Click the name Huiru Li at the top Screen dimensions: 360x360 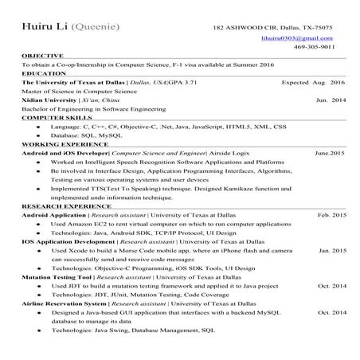pos(45,27)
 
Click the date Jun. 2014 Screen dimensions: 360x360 pos(331,100)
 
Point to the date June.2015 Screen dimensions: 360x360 pos(330,152)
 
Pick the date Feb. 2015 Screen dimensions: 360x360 pos(331,215)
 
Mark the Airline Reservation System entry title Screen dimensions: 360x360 pos(64,303)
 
